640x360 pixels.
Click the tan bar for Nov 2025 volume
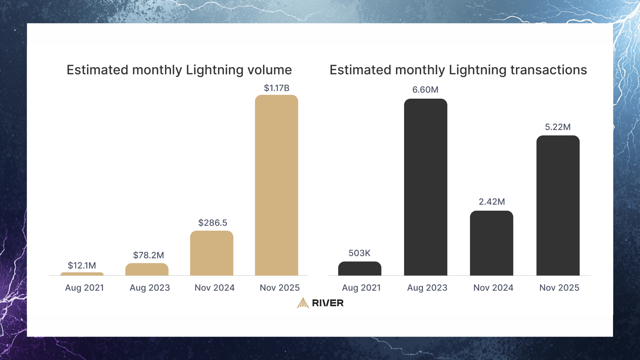[x=276, y=185]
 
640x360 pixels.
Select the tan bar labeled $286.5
[x=212, y=253]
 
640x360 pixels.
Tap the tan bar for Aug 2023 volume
[x=147, y=269]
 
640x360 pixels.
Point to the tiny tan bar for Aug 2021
[x=82, y=274]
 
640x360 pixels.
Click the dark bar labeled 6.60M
[x=425, y=187]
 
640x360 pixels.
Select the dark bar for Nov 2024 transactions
[x=491, y=243]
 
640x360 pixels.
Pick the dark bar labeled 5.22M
[x=558, y=205]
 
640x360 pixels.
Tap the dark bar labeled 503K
[x=359, y=268]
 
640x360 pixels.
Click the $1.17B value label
[x=276, y=88]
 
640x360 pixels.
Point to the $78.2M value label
[x=148, y=255]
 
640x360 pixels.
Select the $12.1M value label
[x=82, y=265]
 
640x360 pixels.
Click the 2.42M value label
[x=492, y=202]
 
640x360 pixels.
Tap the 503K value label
[x=359, y=253]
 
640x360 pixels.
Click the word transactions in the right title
[x=548, y=70]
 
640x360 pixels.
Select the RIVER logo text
[x=328, y=303]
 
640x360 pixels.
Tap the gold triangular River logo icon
[x=303, y=303]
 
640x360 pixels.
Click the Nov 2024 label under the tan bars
[x=214, y=288]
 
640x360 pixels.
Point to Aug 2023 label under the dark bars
[x=427, y=288]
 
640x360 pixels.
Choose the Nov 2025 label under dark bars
[x=559, y=288]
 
